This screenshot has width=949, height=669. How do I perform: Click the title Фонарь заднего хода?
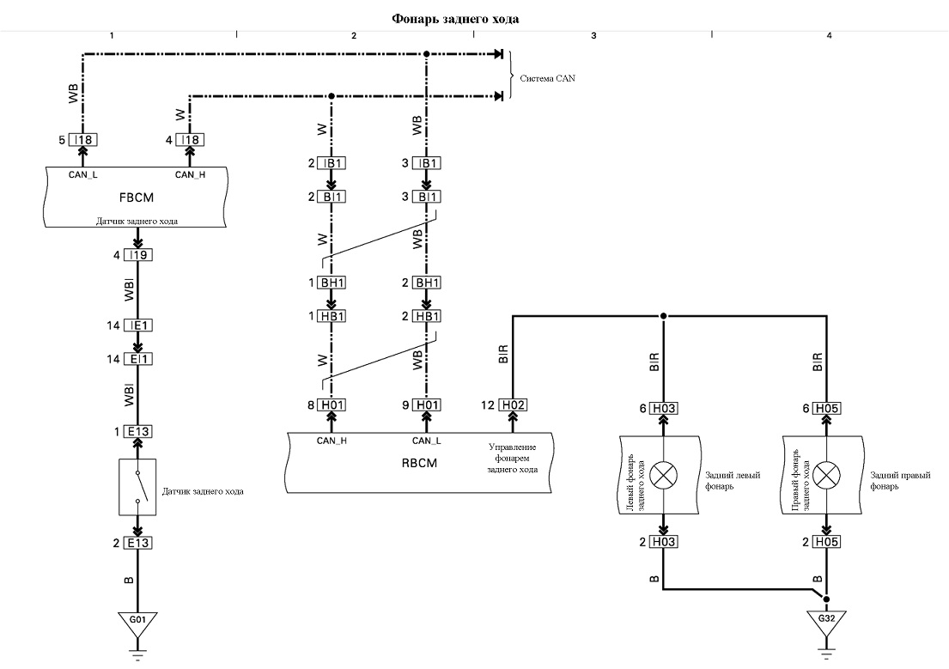pos(455,19)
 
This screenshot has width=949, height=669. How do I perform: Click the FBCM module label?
pos(137,198)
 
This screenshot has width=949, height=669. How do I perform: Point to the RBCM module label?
pos(419,463)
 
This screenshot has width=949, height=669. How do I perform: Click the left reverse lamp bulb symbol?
pos(663,475)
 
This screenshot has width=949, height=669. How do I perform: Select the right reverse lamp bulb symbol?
pos(826,475)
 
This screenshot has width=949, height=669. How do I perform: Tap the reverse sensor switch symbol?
pos(138,488)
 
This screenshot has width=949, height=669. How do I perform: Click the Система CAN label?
pos(547,78)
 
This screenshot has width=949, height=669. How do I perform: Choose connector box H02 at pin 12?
pos(513,405)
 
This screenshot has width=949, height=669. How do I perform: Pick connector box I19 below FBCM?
pos(138,255)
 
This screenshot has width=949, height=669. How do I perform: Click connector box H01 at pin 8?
pos(332,405)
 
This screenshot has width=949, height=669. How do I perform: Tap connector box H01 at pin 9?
pos(427,405)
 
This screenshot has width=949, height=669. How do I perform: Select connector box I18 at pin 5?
pos(83,140)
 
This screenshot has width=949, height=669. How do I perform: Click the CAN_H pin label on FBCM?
pos(190,175)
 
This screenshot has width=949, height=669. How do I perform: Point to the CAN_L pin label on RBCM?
pos(427,441)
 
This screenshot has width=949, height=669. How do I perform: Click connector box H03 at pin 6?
pos(664,409)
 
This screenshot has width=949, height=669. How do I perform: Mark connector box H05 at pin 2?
pos(827,542)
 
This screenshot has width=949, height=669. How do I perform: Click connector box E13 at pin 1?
pos(138,432)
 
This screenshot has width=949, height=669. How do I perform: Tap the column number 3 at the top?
pos(593,36)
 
